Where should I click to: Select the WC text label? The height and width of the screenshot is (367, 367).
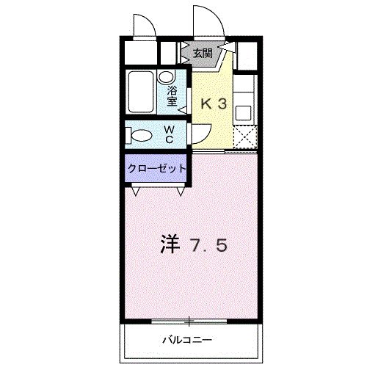[x=168, y=134]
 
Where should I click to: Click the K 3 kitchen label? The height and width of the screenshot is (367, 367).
[x=214, y=104]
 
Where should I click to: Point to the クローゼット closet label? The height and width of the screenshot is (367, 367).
[x=156, y=168]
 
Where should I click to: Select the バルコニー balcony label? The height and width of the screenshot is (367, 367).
[x=186, y=340]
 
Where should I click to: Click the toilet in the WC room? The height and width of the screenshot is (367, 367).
[x=138, y=134]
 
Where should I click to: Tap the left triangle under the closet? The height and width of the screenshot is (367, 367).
[x=136, y=192]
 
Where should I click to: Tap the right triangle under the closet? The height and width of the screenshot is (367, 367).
[x=181, y=192]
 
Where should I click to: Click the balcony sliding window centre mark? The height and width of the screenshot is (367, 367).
[x=189, y=321]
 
